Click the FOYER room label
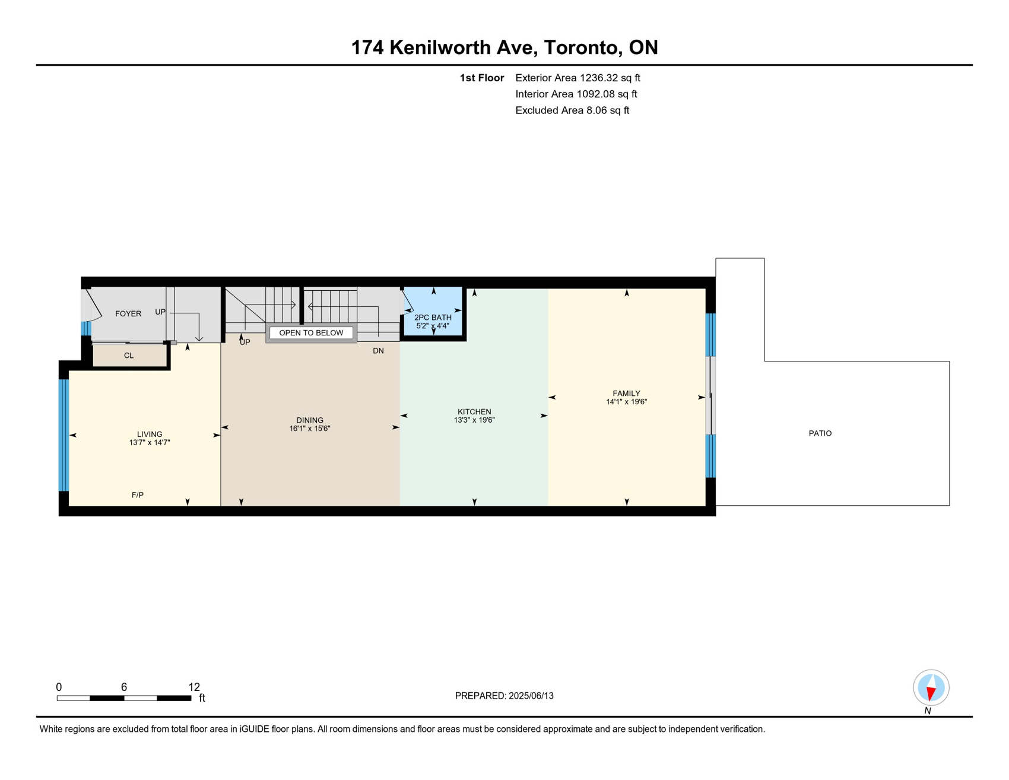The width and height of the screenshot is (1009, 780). tap(128, 313)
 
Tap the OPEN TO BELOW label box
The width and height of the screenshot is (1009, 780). tap(311, 333)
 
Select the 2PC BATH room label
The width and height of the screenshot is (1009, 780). tap(433, 318)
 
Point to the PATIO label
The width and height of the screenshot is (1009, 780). tap(820, 433)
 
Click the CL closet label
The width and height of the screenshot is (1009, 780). tap(129, 356)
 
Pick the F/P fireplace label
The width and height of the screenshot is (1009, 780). tap(138, 495)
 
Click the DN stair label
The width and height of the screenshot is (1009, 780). tap(378, 351)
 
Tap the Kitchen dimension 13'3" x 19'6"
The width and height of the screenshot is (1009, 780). tap(474, 420)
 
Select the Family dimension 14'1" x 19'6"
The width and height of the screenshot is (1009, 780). tap(626, 402)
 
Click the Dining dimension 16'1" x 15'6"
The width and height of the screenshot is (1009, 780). tap(310, 429)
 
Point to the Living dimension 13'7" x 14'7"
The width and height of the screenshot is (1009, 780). tap(150, 443)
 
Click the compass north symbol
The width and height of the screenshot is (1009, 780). tap(931, 688)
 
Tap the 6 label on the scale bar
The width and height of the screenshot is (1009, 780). tap(124, 687)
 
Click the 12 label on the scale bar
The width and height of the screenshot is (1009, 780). tap(194, 687)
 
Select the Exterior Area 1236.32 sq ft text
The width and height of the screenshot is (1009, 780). tap(578, 78)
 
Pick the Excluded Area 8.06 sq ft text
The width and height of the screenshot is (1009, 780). tap(572, 110)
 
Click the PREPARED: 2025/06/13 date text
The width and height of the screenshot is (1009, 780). tap(504, 696)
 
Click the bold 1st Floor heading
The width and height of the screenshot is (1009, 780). tap(482, 78)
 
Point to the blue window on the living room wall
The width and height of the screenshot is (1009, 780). tap(64, 435)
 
